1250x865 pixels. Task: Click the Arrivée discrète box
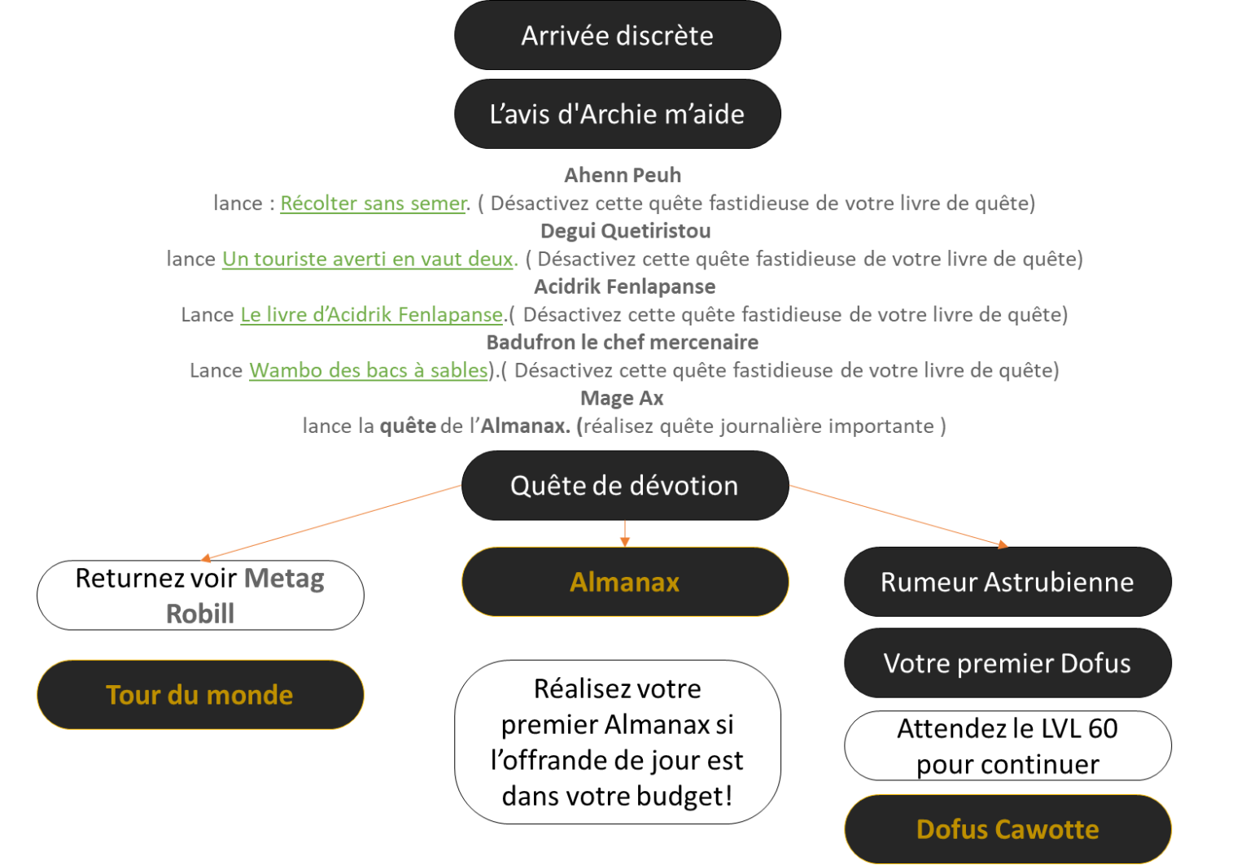(x=618, y=36)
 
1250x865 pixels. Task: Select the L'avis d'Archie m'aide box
(x=618, y=114)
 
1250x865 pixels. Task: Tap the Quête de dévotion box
(x=624, y=486)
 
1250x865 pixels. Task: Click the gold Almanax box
(x=625, y=582)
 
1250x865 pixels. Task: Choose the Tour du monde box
(x=200, y=695)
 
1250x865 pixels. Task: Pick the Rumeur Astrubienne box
(x=1007, y=582)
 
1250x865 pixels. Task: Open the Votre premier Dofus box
(x=1007, y=663)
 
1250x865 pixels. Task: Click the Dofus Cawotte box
(x=1007, y=829)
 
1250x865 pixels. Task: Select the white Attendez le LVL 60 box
(x=1007, y=746)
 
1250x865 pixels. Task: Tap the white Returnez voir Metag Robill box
(x=200, y=595)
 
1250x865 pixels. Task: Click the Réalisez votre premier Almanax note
(x=618, y=742)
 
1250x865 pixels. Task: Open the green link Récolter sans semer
(x=374, y=203)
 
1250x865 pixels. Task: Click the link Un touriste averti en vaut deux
(x=368, y=259)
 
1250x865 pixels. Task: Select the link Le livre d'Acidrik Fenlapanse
(x=372, y=315)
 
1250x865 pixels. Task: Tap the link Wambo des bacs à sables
(x=369, y=370)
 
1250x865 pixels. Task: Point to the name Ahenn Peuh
(x=623, y=175)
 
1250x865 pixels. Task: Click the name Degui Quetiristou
(x=625, y=231)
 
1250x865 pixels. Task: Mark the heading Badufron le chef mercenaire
(x=623, y=343)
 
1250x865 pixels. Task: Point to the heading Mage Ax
(x=622, y=399)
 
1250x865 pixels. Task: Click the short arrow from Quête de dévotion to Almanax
(x=625, y=533)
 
